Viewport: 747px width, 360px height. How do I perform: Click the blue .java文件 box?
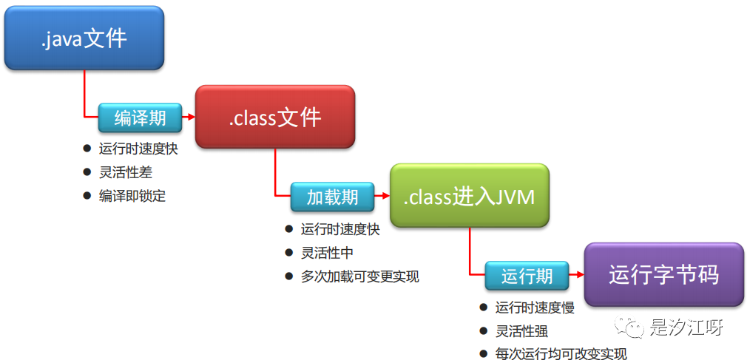(x=84, y=38)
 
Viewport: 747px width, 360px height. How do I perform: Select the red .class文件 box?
(x=274, y=118)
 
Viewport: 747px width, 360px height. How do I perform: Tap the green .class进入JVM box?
(x=469, y=197)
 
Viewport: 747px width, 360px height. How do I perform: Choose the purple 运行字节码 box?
(x=663, y=275)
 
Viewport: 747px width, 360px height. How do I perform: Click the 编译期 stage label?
(x=140, y=118)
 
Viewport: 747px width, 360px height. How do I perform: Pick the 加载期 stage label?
(x=333, y=197)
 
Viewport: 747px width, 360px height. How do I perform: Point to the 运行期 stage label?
(x=527, y=276)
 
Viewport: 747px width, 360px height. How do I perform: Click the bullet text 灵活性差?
(x=126, y=172)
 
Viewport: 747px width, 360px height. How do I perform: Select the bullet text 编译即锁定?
(x=132, y=196)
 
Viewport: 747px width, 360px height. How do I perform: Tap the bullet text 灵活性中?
(x=327, y=253)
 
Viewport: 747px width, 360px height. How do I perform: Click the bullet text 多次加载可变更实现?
(x=359, y=276)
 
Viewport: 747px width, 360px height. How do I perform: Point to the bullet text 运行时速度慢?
(x=534, y=308)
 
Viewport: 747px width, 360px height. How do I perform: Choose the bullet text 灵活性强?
(x=521, y=331)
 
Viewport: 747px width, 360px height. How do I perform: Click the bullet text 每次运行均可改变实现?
(x=561, y=354)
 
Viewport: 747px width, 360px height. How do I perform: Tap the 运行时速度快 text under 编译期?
(x=138, y=149)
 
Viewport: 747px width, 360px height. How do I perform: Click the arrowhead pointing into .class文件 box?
(x=190, y=118)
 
